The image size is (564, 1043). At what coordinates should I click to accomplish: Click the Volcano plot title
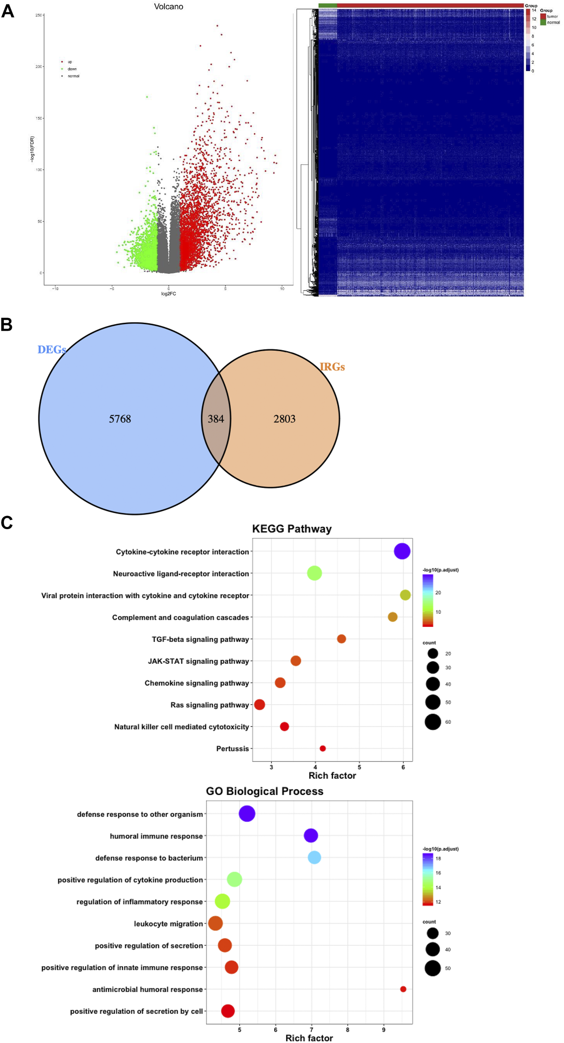tap(169, 7)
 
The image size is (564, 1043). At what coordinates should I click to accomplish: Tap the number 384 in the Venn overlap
tap(215, 419)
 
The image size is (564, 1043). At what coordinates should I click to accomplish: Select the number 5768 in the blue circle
tap(120, 419)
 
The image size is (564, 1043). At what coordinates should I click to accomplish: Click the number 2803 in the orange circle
tap(284, 419)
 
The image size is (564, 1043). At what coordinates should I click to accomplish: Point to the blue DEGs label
tap(52, 350)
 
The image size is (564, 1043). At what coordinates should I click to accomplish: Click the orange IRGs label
tap(332, 367)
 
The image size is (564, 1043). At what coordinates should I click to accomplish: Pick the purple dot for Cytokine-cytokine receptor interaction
tap(402, 551)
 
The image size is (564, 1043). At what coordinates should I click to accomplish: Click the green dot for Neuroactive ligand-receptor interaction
tap(314, 573)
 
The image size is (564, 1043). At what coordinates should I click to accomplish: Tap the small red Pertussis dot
tap(323, 748)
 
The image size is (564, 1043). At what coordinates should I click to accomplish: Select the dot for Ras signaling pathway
tap(259, 704)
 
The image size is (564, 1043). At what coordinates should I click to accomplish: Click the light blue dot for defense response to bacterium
tap(314, 857)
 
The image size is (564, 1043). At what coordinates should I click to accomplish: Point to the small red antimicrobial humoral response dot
tap(403, 989)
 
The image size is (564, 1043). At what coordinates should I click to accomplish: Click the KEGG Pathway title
tap(292, 529)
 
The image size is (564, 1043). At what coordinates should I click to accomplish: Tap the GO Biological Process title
tap(264, 791)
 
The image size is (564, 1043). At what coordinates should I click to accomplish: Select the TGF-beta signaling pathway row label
tap(200, 639)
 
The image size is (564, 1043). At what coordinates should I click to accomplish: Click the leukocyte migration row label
tap(168, 923)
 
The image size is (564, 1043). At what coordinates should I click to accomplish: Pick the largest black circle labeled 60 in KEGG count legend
tap(433, 721)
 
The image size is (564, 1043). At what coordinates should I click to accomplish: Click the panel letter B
tap(7, 325)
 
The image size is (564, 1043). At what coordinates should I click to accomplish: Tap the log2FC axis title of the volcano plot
tap(169, 293)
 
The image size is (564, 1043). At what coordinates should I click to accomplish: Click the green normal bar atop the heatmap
tap(328, 5)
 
